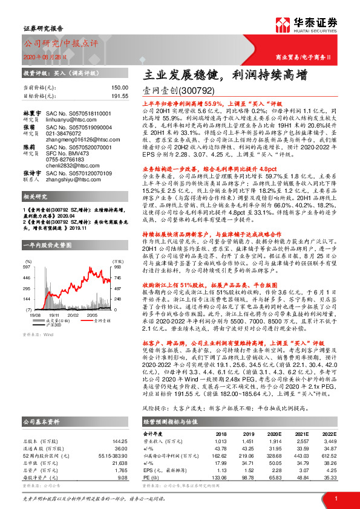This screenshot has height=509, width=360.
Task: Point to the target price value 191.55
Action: click(x=119, y=96)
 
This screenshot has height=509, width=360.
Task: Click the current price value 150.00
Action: click(x=119, y=88)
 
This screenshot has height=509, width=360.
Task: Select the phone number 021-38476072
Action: click(x=65, y=135)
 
